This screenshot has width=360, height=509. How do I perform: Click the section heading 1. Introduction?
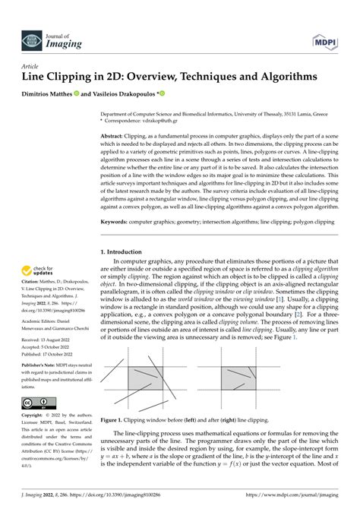pos(125,251)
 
